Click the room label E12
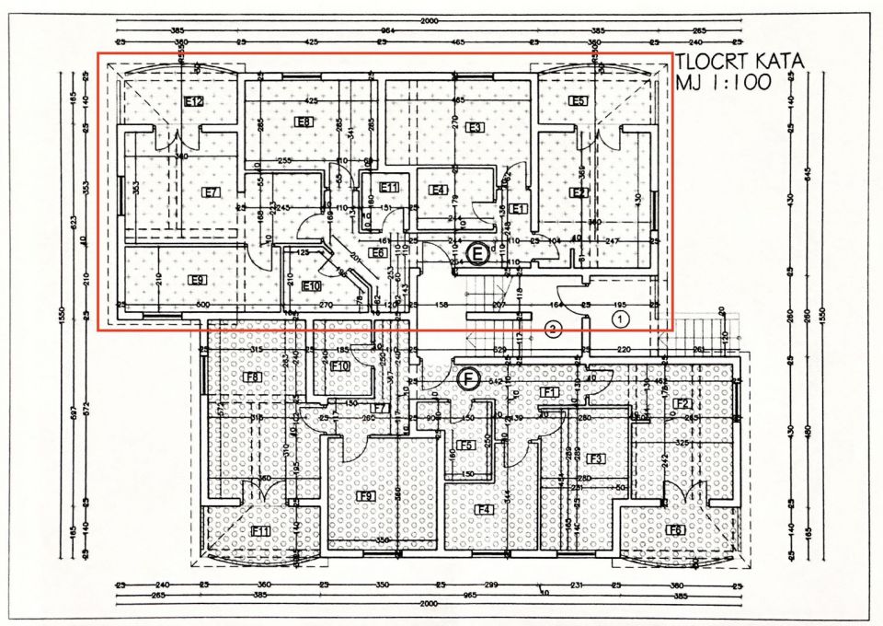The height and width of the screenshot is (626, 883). (193, 101)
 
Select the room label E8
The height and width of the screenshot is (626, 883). (303, 122)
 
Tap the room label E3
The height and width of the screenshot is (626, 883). (475, 127)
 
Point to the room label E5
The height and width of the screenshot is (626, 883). (578, 101)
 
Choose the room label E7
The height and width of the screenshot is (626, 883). (212, 192)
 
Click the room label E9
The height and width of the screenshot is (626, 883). (196, 280)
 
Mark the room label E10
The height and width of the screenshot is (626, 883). (312, 285)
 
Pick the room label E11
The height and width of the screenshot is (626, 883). (390, 187)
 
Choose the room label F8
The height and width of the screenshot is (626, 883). (252, 377)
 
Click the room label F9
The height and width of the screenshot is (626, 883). (366, 496)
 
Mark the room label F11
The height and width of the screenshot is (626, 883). (260, 531)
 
